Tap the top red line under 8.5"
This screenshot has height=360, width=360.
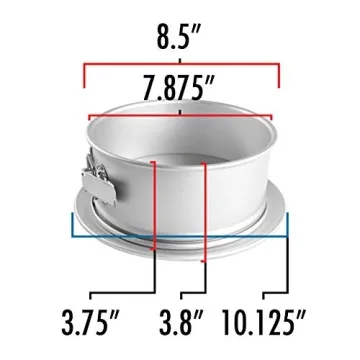point(180,68)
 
